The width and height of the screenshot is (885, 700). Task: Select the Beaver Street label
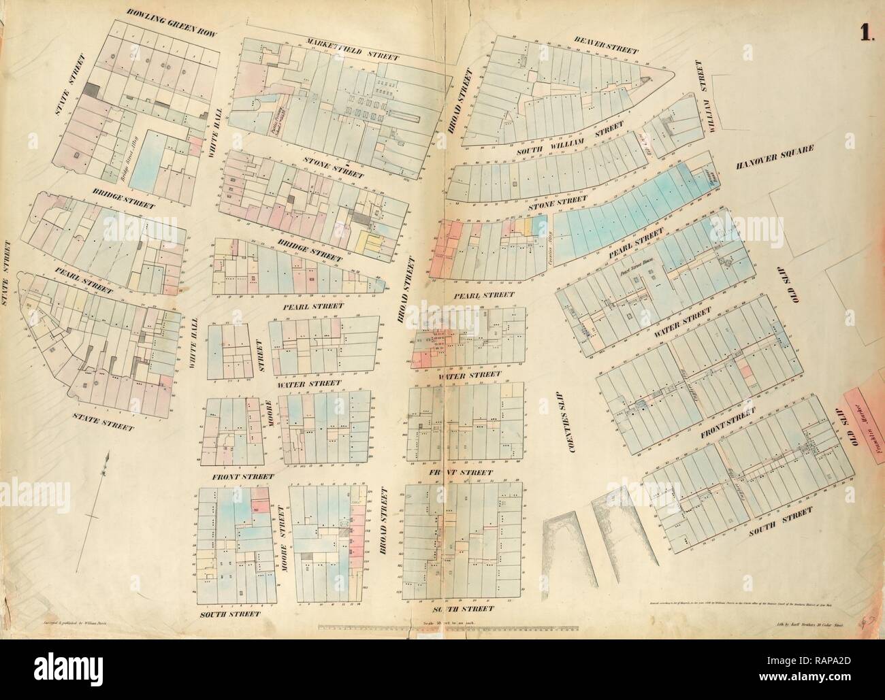[x=605, y=44]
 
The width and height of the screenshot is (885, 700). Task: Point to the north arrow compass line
[x=97, y=503]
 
